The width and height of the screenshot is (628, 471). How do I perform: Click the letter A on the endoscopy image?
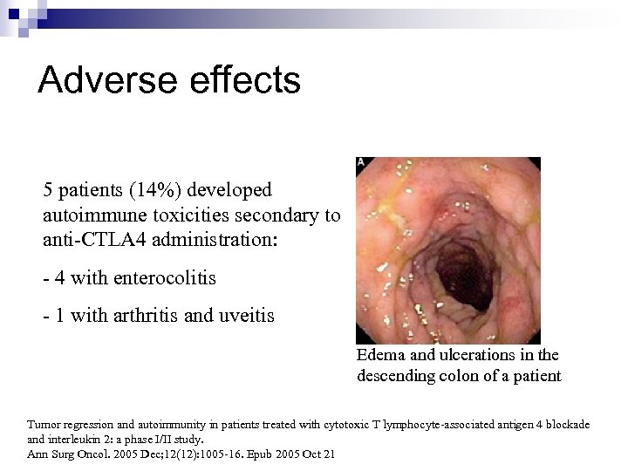[361, 163]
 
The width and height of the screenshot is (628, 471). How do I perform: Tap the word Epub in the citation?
[245, 454]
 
